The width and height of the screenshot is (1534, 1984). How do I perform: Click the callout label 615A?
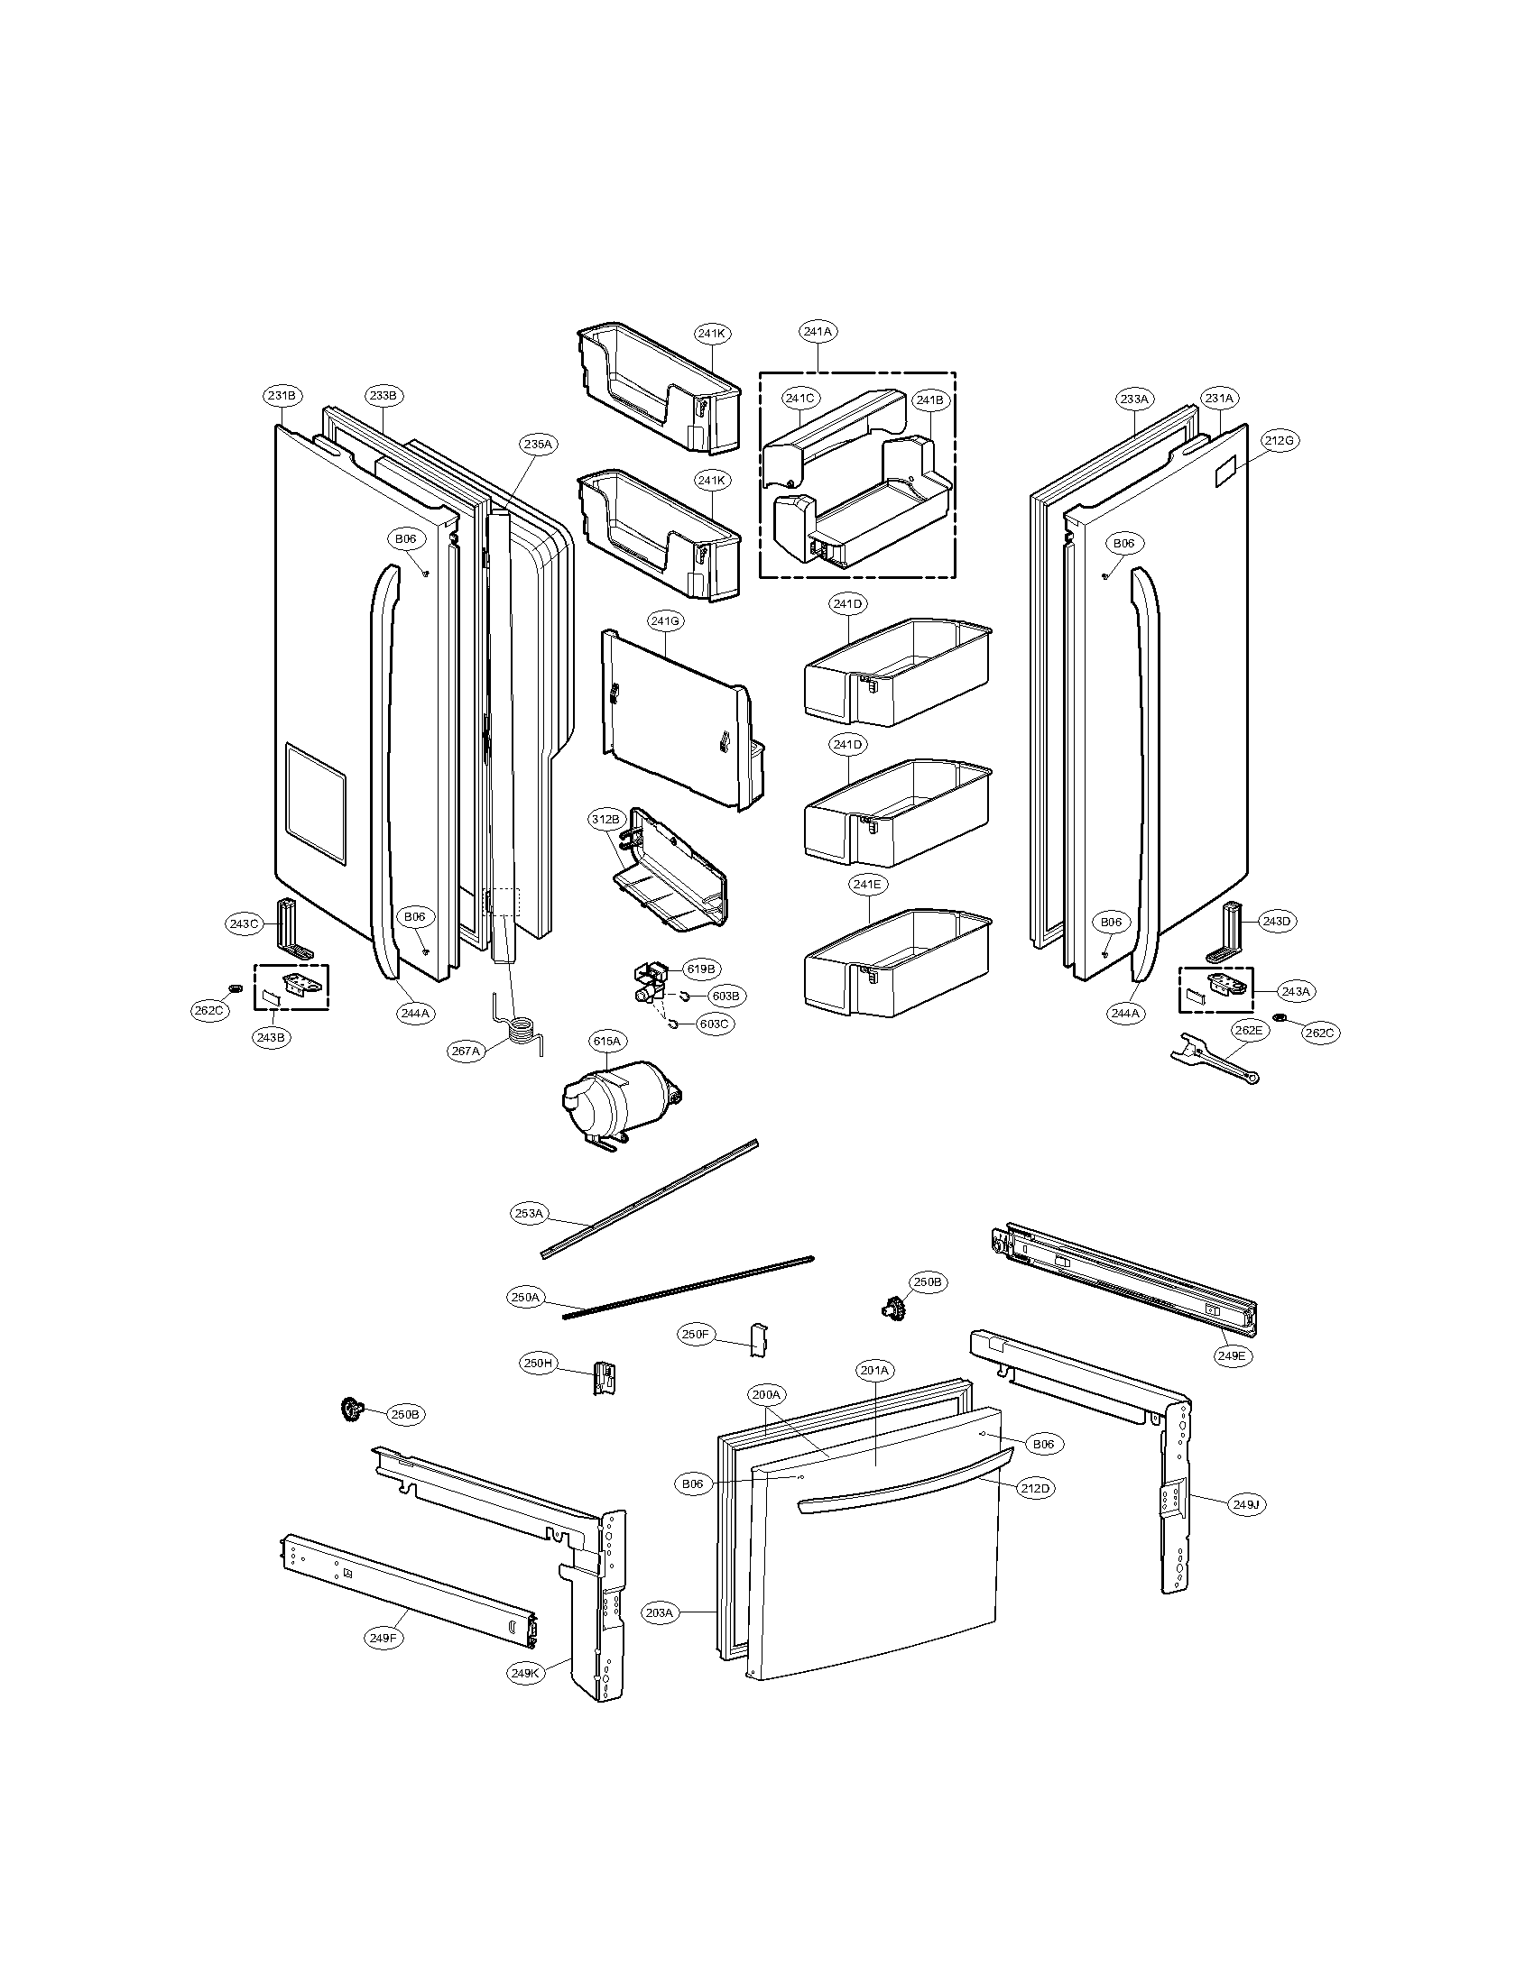coord(606,1041)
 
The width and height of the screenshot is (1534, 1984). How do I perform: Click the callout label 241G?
coord(665,620)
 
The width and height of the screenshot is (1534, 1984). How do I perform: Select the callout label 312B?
coord(605,819)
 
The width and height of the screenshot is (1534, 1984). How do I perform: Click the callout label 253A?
coord(529,1213)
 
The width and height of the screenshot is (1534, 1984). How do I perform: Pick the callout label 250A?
coord(526,1298)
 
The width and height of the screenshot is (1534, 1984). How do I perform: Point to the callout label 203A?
coord(660,1612)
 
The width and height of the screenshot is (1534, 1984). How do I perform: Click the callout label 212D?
coord(1035,1488)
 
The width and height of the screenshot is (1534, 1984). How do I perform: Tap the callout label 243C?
coord(244,923)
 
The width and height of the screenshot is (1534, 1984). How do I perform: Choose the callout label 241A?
coord(817,332)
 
